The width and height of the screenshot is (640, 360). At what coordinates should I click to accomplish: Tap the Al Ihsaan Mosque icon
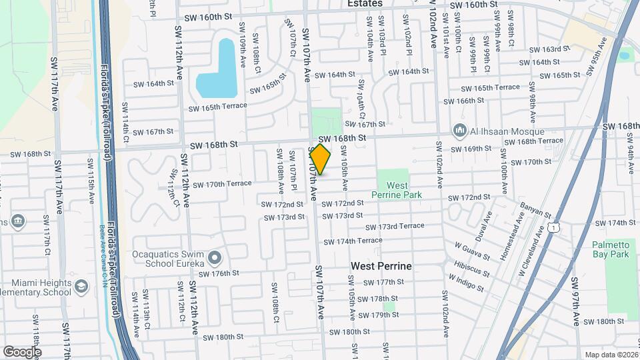[459, 129]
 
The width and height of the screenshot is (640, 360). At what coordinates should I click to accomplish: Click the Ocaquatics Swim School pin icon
[214, 257]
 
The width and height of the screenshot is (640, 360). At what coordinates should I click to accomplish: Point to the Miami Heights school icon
[81, 287]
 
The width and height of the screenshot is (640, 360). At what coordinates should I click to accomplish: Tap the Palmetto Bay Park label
[610, 249]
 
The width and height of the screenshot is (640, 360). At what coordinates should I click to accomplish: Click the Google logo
[22, 351]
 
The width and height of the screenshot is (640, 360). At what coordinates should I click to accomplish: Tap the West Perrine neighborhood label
[381, 266]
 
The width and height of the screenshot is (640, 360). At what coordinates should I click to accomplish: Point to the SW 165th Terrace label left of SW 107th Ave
[217, 107]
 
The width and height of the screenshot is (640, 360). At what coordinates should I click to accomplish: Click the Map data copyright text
[611, 355]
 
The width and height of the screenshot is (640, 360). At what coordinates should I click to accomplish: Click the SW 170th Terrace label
[228, 183]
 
